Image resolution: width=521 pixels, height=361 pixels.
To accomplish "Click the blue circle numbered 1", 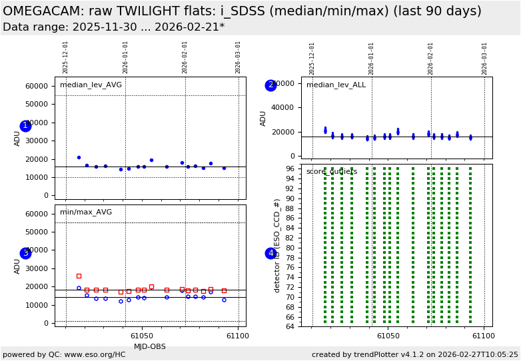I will click(25, 126).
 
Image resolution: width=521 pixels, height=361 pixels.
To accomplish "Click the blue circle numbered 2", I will click(270, 85).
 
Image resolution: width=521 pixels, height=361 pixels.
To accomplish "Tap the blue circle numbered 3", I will click(25, 253).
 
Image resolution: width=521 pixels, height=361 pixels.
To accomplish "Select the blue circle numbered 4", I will click(270, 253).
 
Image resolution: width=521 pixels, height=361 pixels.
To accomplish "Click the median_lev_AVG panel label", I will click(91, 85).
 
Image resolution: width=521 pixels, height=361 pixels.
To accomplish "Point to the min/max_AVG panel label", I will click(86, 212).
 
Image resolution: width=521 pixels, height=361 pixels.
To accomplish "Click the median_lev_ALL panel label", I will click(336, 85).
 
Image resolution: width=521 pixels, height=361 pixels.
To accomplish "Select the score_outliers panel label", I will click(332, 172).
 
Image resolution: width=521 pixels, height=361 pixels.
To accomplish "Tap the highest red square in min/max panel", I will click(79, 276).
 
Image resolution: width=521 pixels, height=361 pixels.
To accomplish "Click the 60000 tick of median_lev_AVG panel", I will click(36, 86).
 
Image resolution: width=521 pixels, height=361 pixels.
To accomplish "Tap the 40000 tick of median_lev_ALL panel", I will click(284, 108).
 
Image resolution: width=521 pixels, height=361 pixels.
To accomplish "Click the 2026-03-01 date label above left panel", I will click(238, 57).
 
